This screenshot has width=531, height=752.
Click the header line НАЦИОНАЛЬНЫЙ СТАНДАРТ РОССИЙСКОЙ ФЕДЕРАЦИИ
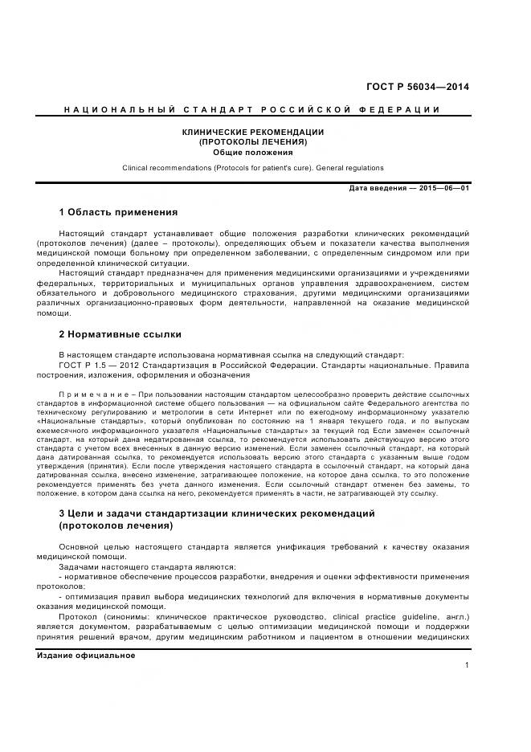coord(252,109)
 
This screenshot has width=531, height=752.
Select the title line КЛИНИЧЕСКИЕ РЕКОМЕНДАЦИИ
coord(252,132)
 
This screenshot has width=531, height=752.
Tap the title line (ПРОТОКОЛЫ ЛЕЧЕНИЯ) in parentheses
coord(252,141)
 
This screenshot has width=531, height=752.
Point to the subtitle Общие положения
coord(252,152)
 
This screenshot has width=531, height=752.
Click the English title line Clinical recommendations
coord(252,168)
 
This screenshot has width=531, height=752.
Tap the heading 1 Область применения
coord(118,213)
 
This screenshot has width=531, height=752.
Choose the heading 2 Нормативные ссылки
coord(120,333)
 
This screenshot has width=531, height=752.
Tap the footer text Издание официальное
coord(86,655)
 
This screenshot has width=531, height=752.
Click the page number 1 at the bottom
coord(467,666)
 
